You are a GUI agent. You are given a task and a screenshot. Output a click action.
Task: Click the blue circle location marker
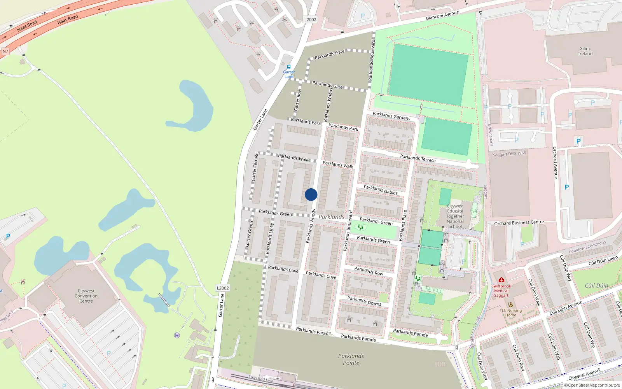point(311,194)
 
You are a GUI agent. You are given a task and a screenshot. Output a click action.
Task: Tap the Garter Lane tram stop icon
point(288,67)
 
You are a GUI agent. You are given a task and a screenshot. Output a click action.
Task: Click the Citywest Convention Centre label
point(86,296)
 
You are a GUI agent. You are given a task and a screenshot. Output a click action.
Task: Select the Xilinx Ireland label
point(585,51)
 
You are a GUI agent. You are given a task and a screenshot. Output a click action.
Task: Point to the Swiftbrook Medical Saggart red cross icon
point(501,280)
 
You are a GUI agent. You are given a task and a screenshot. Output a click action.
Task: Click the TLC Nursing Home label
point(511,313)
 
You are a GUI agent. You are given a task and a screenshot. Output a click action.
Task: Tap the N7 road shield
point(5,51)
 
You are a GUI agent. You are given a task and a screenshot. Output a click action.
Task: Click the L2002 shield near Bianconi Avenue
point(310,19)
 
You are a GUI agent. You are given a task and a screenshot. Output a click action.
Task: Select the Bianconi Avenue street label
point(442,16)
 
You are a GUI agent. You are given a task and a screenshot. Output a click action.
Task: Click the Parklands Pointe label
point(351,359)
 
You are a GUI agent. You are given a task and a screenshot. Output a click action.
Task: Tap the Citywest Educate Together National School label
point(455,216)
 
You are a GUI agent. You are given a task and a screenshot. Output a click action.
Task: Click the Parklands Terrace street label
point(418,158)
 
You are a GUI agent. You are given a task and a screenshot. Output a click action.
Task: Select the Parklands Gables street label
point(381,190)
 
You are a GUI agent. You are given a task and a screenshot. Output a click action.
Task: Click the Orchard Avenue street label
point(555,163)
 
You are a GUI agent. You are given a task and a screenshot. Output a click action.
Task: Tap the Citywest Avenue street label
point(584,374)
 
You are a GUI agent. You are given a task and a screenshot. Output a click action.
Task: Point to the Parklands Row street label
point(369,271)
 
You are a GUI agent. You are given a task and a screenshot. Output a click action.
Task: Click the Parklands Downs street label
point(364,301)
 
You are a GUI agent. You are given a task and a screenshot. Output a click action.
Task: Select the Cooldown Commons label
point(587,247)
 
